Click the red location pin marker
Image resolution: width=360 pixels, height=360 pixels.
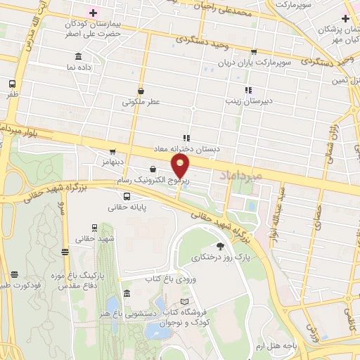tap(180, 166)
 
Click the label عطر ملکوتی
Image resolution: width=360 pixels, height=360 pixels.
tap(141, 102)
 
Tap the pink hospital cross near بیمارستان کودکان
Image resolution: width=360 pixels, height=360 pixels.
tap(93, 13)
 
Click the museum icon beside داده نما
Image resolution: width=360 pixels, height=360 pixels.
tap(77, 56)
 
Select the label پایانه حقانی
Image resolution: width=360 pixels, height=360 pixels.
tap(127, 207)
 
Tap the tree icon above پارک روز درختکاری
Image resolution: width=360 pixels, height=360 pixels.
tap(221, 245)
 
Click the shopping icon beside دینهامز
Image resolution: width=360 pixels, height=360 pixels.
tap(112, 151)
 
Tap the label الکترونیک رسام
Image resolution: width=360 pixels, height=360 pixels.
tap(157, 181)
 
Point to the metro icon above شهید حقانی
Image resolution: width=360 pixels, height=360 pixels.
tap(94, 228)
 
